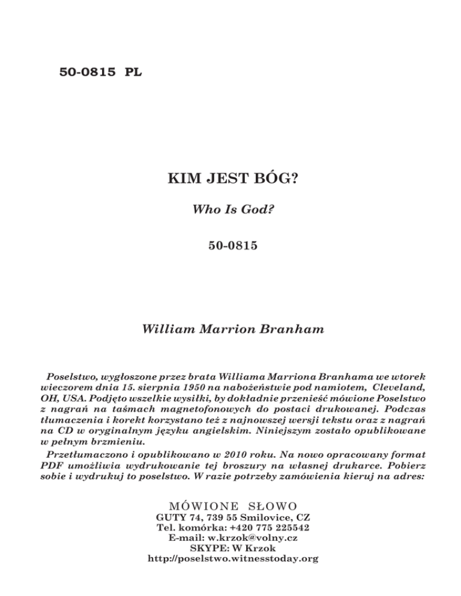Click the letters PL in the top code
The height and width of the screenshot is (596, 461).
(133, 73)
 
